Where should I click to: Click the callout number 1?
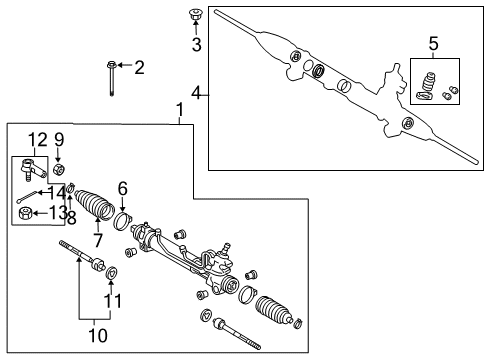[180, 108]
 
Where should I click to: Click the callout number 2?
[139, 67]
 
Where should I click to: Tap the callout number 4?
[197, 94]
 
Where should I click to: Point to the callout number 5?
[433, 44]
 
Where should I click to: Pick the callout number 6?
[122, 187]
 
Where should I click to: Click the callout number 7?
[98, 240]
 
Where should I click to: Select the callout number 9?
[59, 139]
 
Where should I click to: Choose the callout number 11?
[111, 299]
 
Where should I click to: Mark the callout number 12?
[36, 139]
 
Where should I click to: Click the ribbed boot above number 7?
[96, 206]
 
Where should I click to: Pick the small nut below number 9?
[59, 168]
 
